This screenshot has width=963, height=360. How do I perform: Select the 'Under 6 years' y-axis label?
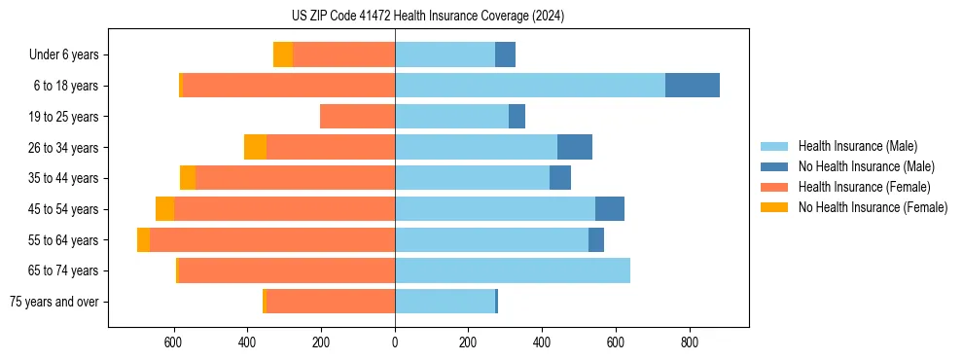(x=63, y=54)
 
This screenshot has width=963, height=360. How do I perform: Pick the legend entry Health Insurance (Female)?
(x=864, y=187)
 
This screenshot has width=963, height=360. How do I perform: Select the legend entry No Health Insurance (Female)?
(x=873, y=207)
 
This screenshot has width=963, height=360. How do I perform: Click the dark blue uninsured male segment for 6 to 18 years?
(x=693, y=86)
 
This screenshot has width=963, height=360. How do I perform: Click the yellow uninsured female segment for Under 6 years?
(x=283, y=54)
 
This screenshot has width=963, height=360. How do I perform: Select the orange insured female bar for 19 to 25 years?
(x=357, y=117)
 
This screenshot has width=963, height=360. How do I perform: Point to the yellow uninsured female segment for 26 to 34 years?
(x=255, y=147)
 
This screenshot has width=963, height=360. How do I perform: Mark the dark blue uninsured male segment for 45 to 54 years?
(x=610, y=209)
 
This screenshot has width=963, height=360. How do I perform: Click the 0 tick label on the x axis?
(x=395, y=342)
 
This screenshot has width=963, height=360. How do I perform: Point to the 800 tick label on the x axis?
(x=690, y=342)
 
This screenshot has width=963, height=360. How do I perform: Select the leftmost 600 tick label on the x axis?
(x=173, y=342)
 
